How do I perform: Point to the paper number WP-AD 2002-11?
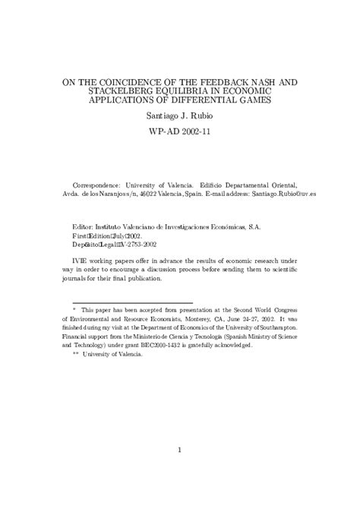click(x=180, y=131)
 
